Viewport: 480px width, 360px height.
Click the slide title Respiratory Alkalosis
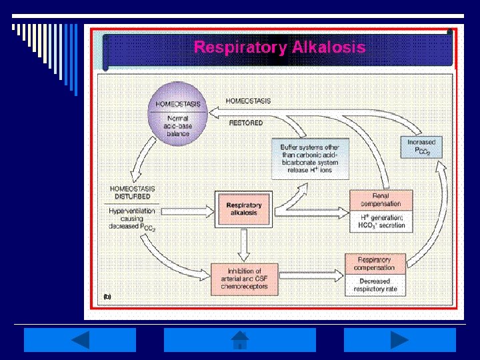(279, 47)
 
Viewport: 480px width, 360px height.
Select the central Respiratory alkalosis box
(244, 209)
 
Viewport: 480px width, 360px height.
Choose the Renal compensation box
(381, 199)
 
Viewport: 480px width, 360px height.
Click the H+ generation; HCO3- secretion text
(381, 221)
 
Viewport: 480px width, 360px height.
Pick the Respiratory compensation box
(374, 264)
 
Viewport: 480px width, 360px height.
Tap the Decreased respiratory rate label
(374, 285)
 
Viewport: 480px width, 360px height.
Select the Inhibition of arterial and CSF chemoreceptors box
(243, 278)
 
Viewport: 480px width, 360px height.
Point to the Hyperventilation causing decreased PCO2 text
(133, 219)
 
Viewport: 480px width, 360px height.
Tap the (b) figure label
(106, 294)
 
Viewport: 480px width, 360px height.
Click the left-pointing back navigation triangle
(80, 340)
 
